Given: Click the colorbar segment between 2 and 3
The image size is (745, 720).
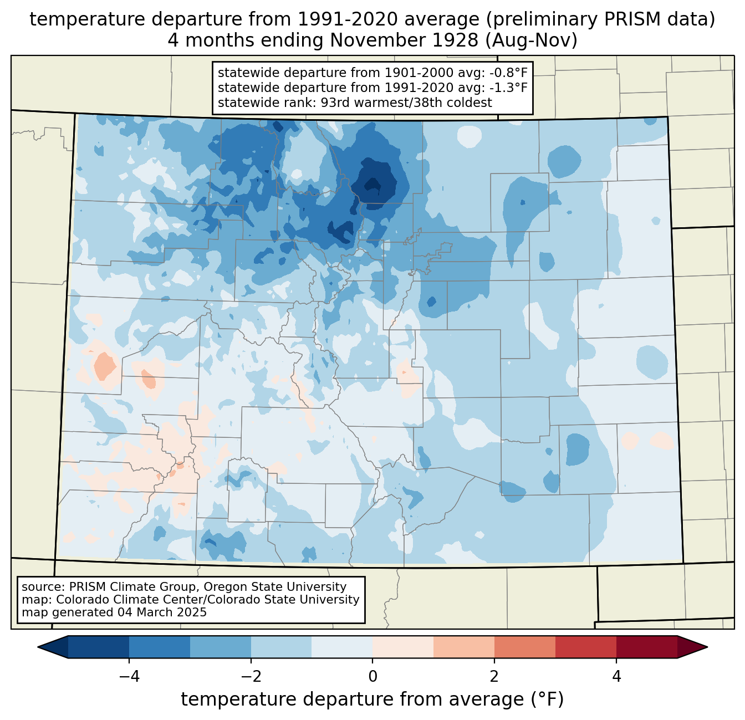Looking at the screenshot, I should pos(525,647).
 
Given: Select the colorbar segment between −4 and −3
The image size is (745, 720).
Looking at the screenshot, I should pos(160,647).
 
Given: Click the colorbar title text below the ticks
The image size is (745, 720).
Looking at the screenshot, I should pos(372,699).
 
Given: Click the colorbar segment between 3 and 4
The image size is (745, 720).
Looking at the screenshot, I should pos(586,647).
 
